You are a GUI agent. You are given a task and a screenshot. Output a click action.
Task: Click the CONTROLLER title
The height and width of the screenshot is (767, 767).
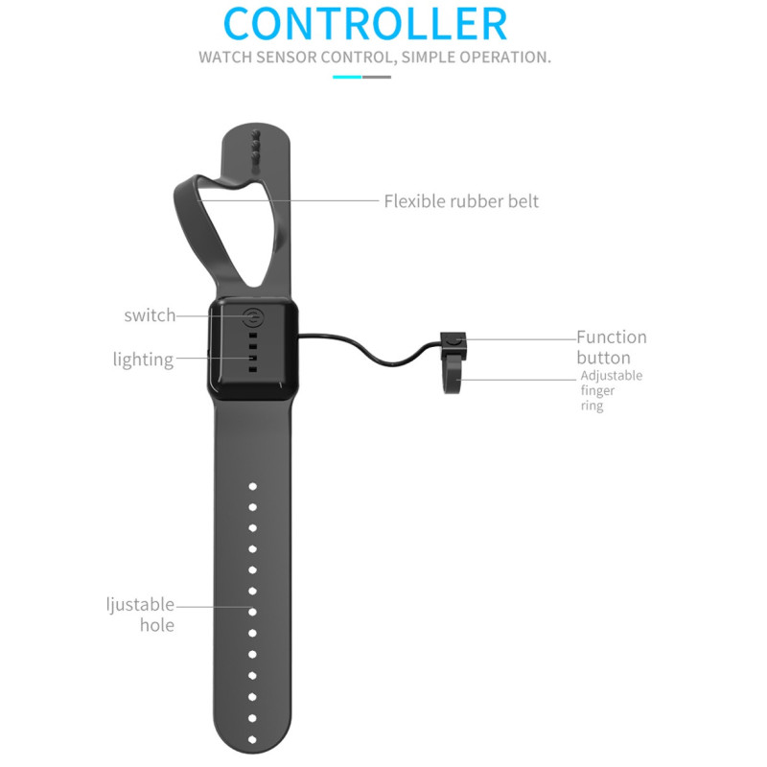(364, 24)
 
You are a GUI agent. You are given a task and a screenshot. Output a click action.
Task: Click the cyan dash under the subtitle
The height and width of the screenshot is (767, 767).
(347, 76)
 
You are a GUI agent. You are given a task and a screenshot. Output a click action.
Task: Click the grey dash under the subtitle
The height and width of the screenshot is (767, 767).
(377, 76)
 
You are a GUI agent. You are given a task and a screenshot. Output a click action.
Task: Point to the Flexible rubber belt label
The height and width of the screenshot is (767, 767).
(461, 201)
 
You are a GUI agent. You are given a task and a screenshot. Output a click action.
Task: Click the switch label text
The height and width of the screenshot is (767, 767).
(150, 315)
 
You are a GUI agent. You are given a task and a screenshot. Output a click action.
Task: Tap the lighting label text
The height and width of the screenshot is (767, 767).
(143, 360)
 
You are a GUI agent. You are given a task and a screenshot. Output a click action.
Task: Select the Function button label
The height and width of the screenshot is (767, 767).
(611, 347)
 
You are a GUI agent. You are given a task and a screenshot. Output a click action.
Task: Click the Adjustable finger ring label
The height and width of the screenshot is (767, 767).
(611, 390)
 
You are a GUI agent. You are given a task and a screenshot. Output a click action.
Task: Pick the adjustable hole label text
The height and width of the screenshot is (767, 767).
(142, 615)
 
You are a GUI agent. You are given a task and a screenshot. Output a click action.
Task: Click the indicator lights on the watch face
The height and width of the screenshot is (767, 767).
(253, 352)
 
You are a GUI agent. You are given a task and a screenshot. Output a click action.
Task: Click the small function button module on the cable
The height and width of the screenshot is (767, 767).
(453, 341)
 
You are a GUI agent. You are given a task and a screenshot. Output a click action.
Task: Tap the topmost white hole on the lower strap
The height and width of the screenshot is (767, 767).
(253, 486)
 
